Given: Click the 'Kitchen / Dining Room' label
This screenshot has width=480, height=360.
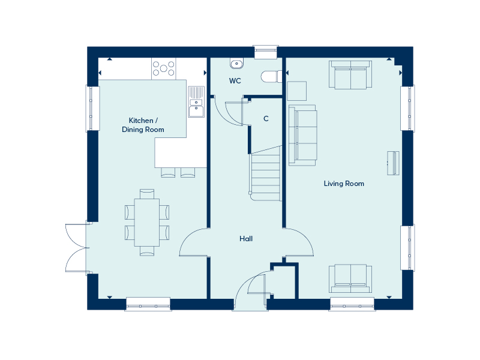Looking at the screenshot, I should coord(143,125).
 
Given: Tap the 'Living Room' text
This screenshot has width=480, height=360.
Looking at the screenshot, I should coord(344,184).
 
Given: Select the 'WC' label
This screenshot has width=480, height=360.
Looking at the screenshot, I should coord(235,81).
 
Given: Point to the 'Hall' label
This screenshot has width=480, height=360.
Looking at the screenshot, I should coord(246,239).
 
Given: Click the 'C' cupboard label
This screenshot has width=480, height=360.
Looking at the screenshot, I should coord(266,118).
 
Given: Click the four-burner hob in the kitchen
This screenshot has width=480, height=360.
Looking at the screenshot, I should coord(163,68).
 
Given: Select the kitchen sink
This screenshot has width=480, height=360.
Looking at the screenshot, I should coord(196,102).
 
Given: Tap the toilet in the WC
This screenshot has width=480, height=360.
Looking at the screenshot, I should coord(271,76).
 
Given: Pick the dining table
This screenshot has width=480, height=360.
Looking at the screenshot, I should coord(147,221).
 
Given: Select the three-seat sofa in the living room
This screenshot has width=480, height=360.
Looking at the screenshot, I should coord(302,135).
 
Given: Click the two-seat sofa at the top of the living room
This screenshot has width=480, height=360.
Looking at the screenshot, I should coord(350,74).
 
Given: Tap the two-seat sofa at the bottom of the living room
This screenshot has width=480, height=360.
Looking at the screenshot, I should coord(350,278).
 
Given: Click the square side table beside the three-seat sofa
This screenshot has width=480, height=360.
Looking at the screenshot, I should coord(297,91).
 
